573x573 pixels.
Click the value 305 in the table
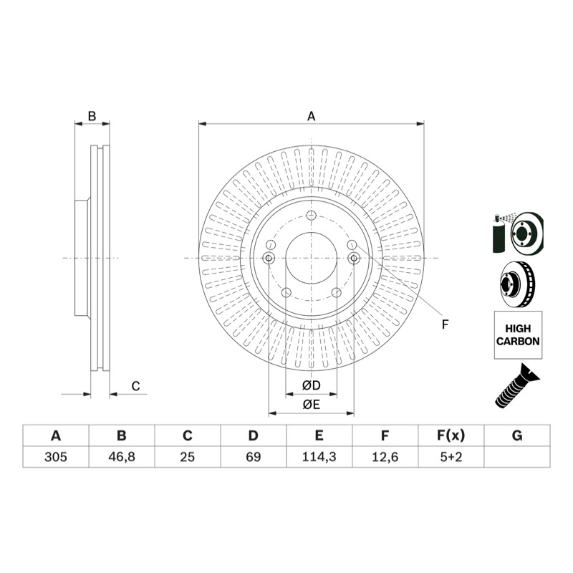[56, 457]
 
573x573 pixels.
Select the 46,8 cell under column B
[122, 457]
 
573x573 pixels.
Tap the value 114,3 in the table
[319, 457]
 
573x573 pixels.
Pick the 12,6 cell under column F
[385, 457]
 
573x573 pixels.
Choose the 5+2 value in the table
[451, 457]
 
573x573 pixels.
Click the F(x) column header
[451, 435]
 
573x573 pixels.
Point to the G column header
[517, 435]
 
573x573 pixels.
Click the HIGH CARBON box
[518, 334]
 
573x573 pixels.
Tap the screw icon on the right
[517, 386]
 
